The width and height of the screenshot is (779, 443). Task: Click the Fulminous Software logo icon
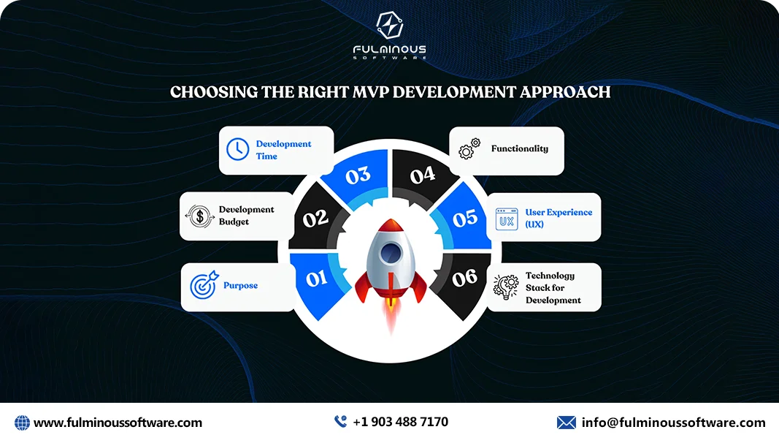tap(389, 26)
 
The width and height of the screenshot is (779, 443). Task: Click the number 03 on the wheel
tap(358, 176)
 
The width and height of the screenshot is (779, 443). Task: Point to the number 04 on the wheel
tap(422, 175)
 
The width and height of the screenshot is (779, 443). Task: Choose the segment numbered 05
tap(465, 218)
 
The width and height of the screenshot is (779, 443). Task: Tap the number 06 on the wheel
tap(464, 278)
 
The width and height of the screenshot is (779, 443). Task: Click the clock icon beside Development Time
tap(237, 149)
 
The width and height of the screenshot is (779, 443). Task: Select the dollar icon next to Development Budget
tap(199, 216)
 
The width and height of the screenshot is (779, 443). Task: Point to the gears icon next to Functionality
tap(469, 148)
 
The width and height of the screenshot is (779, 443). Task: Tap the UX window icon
tap(507, 218)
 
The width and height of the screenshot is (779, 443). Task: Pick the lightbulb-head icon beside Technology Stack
tap(505, 287)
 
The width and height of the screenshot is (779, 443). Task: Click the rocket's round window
tap(389, 253)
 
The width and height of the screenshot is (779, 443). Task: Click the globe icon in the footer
tap(22, 423)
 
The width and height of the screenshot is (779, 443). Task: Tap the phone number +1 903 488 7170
tap(400, 422)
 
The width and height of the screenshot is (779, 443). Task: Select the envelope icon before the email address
tap(567, 423)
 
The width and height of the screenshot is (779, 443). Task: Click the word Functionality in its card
tap(519, 148)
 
